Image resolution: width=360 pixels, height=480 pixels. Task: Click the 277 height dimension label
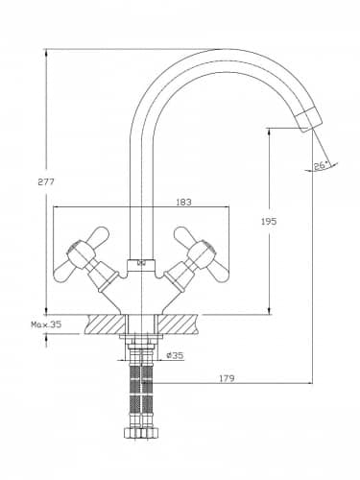pos(46,182)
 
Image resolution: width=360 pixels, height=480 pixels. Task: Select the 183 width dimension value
pos(183,203)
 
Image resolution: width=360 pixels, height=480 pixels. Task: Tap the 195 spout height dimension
pos(269,221)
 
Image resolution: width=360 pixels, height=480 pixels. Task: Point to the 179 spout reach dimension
pos(227,378)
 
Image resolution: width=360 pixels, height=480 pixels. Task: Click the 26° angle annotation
pos(321,166)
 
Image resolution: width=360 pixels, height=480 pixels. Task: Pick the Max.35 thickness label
pos(46,324)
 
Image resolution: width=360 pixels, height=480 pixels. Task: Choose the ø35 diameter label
pos(175,355)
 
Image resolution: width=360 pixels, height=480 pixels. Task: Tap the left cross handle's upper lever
pos(97,236)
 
